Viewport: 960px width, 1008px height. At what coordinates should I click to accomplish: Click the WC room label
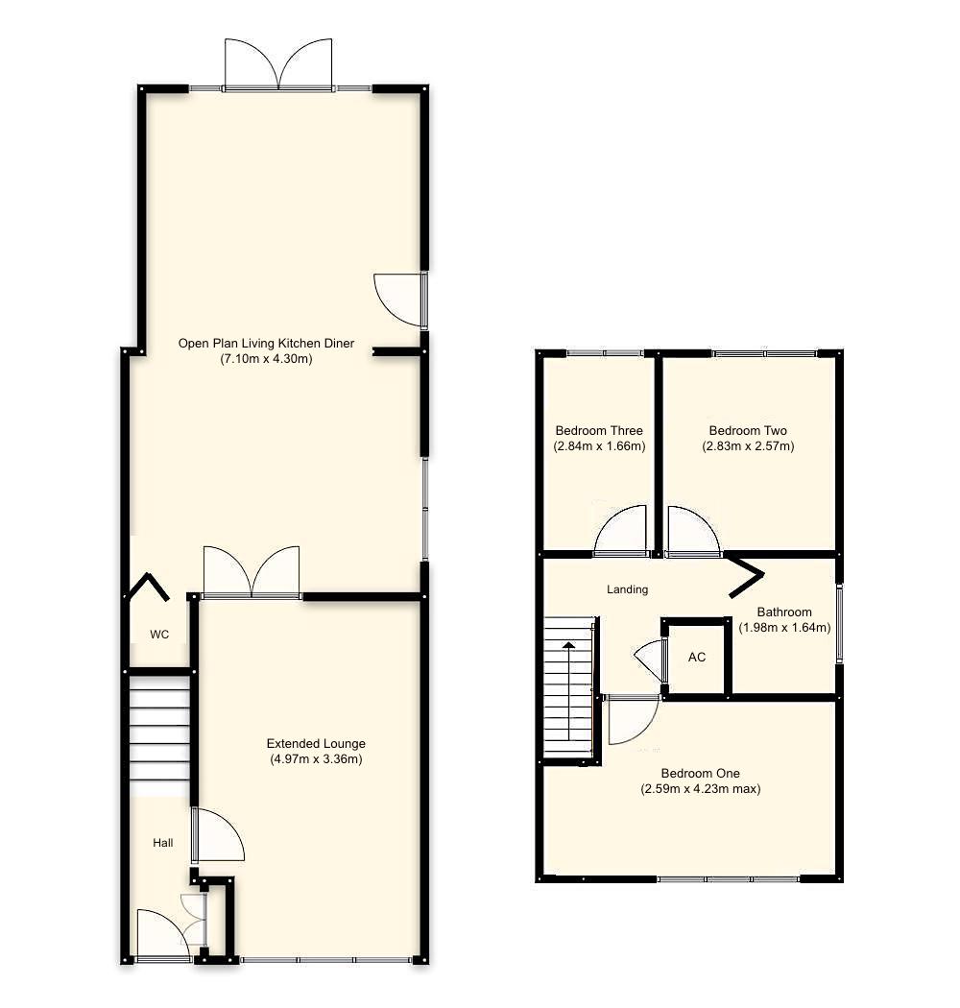pos(159,635)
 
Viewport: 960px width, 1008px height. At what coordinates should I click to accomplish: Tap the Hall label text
pos(163,843)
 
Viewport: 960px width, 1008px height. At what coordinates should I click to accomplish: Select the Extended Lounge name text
pos(316,743)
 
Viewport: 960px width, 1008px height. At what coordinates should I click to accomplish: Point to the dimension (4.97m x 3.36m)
pos(316,758)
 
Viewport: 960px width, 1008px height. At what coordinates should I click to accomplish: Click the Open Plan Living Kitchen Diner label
pos(266,343)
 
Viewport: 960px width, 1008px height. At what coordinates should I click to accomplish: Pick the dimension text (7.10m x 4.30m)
pos(266,359)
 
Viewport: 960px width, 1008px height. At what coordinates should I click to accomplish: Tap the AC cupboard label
pos(697,658)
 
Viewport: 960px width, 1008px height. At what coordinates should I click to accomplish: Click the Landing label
pos(628,589)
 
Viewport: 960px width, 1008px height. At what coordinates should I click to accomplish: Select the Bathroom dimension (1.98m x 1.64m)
pos(784,628)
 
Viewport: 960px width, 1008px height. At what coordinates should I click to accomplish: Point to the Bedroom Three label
pos(599,430)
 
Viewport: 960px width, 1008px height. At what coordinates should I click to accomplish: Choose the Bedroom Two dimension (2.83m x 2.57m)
pos(747,446)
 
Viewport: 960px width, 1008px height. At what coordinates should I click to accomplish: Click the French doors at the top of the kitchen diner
pos(278,65)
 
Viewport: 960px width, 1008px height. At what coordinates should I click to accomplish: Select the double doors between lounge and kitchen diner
pos(252,572)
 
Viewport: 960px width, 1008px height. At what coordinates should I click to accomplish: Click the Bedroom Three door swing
pos(620,532)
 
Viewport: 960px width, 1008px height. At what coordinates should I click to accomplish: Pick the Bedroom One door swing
pos(631,720)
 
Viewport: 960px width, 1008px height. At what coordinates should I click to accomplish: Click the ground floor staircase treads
pos(159,734)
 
